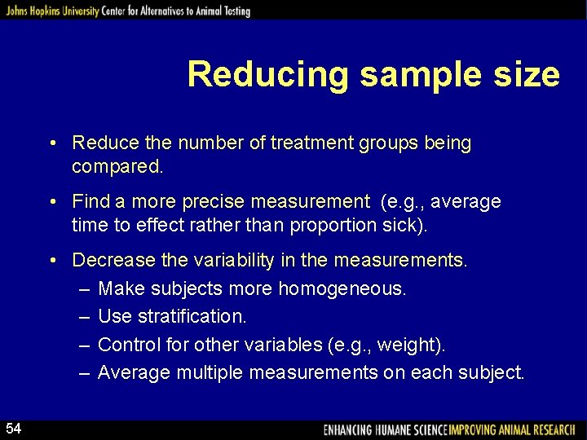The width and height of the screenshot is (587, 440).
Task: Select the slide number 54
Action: pos(14,429)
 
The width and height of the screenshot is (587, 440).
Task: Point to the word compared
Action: pos(116,167)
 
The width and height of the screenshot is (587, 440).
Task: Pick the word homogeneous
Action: pos(342,288)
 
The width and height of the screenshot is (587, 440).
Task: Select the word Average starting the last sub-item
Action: pos(134,373)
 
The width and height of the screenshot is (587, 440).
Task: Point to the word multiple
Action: pos(210,373)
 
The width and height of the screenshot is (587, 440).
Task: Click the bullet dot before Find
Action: pos(52,201)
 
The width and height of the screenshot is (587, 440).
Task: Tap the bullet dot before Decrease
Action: pos(52,261)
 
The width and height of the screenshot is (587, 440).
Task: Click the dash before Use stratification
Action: pos(85,316)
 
